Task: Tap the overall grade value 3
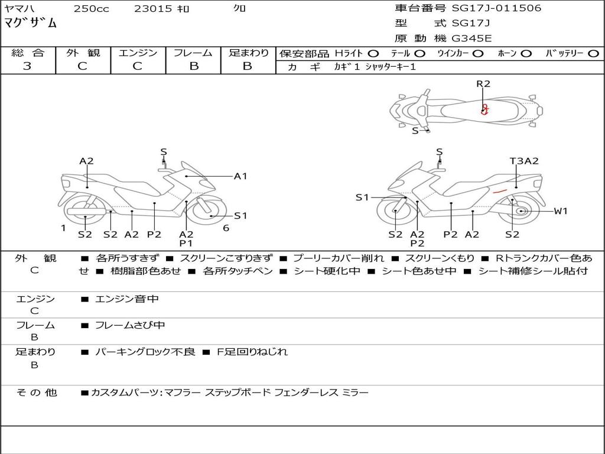[x=27, y=66]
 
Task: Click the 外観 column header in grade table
[x=83, y=53]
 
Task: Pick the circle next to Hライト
[x=373, y=53]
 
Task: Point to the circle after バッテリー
[x=593, y=53]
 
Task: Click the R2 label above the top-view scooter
[x=483, y=84]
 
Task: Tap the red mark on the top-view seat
[x=485, y=109]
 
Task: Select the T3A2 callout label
[x=524, y=161]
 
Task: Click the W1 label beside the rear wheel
[x=560, y=211]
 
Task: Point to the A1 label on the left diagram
[x=240, y=176]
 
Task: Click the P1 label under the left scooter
[x=186, y=243]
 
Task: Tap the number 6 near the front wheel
[x=226, y=228]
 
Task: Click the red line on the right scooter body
[x=500, y=191]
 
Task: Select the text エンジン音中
[x=127, y=299]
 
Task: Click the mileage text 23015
[x=153, y=8]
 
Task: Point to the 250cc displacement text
[x=91, y=8]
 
